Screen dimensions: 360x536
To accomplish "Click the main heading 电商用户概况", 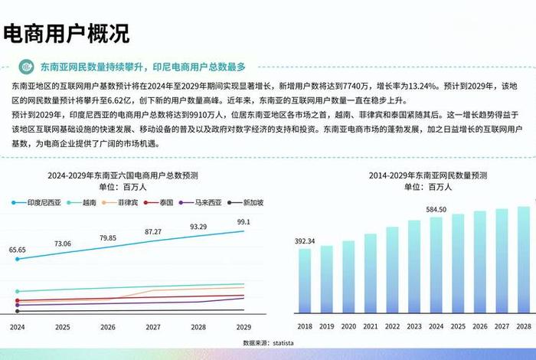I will click(67, 34).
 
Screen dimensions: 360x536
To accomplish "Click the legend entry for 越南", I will click(83, 202).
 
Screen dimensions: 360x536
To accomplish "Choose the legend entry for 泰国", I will click(162, 202).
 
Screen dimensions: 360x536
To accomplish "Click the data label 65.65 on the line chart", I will click(18, 250).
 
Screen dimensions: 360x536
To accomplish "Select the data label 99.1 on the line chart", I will click(243, 222).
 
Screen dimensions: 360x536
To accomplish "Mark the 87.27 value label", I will click(153, 231).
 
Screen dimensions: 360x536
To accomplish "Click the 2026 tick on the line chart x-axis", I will click(107, 327).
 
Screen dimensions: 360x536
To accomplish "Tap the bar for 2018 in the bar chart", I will click(305, 280).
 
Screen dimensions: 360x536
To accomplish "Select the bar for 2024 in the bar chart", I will click(436, 265).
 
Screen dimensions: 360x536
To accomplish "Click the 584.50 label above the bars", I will click(436, 209).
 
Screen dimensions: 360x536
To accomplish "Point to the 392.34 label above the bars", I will click(306, 241).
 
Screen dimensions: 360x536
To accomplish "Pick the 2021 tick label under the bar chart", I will click(371, 326).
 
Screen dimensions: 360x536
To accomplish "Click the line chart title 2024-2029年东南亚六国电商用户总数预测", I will click(132, 175).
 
